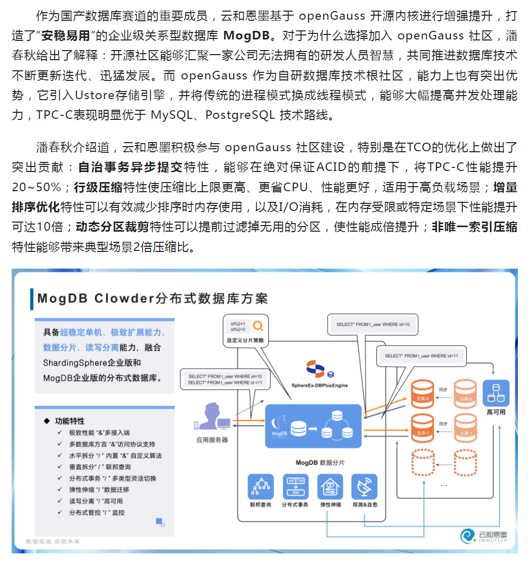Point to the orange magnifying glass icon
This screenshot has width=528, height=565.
point(258,326)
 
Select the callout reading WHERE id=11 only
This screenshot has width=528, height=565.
point(421,356)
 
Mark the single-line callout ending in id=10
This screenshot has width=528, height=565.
point(373,324)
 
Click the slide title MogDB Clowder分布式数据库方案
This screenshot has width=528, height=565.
point(152,298)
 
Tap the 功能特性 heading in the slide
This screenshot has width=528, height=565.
point(69,421)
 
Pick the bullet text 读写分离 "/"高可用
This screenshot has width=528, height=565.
point(96,501)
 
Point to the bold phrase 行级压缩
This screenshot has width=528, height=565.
point(98,188)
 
